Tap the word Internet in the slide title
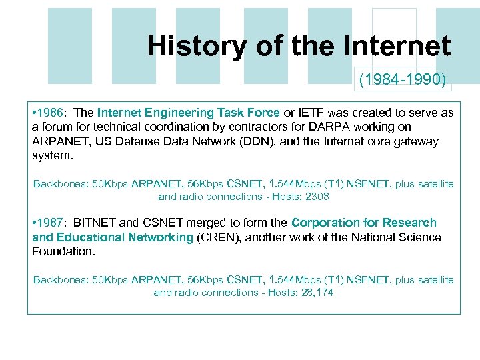coord(397,46)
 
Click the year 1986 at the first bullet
coord(52,113)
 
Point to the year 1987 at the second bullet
coord(52,223)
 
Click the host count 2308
coord(317,197)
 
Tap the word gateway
coord(417,141)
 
